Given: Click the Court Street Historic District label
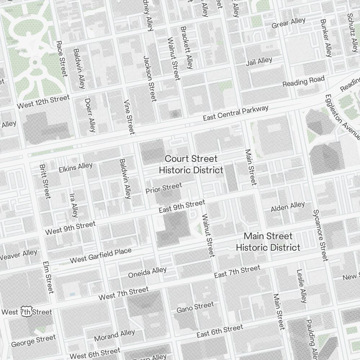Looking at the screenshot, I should (191, 164).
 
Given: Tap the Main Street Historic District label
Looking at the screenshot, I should (268, 242).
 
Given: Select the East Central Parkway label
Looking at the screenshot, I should (235, 113).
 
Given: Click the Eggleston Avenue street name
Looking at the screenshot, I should (342, 117).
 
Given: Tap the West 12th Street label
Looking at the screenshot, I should (43, 102).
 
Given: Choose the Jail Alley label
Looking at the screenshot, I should (259, 61).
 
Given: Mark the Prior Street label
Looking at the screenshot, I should (164, 188).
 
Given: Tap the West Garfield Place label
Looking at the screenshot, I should (101, 255).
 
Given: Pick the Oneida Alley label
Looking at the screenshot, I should (148, 273).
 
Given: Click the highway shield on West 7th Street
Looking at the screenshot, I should (26, 311).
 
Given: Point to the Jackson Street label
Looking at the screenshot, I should (150, 78).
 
